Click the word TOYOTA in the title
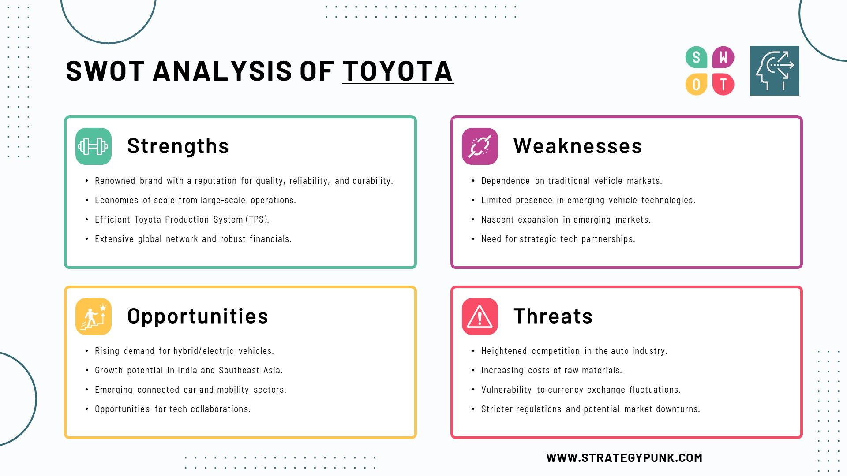[x=397, y=71]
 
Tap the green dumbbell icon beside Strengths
[x=94, y=146]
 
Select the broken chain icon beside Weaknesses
[x=480, y=146]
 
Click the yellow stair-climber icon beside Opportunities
[x=94, y=316]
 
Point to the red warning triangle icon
[x=480, y=316]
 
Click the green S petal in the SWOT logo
[x=697, y=57]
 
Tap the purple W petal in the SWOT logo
[x=723, y=57]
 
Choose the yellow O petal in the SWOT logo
[x=697, y=84]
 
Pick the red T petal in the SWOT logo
[x=723, y=84]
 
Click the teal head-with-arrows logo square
[x=775, y=71]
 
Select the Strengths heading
[x=178, y=146]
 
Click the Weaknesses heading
[x=578, y=146]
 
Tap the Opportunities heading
[x=198, y=316]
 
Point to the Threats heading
[x=553, y=316]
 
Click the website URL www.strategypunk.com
[x=624, y=458]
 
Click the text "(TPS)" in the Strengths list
[x=258, y=219]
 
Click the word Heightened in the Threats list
[x=504, y=351]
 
